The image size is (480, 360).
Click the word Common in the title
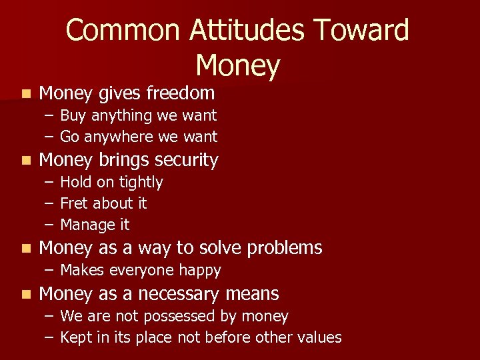click(123, 31)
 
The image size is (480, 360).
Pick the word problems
click(285, 248)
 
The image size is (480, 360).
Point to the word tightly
click(141, 182)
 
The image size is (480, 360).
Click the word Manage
click(84, 225)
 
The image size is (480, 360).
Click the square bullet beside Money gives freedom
click(25, 93)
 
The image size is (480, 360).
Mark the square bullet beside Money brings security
click(25, 161)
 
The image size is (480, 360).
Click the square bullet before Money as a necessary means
click(25, 294)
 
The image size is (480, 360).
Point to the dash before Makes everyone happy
click(49, 271)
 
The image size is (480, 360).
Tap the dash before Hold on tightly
click(49, 182)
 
